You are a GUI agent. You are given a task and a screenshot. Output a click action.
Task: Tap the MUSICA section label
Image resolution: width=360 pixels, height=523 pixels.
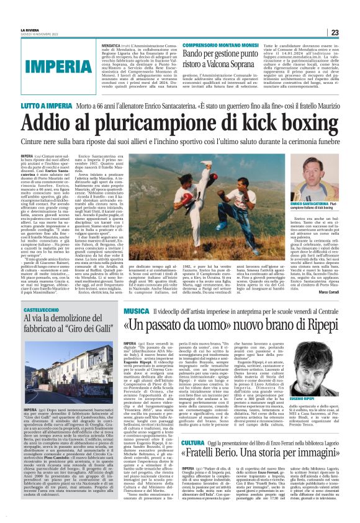tap(136, 309)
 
